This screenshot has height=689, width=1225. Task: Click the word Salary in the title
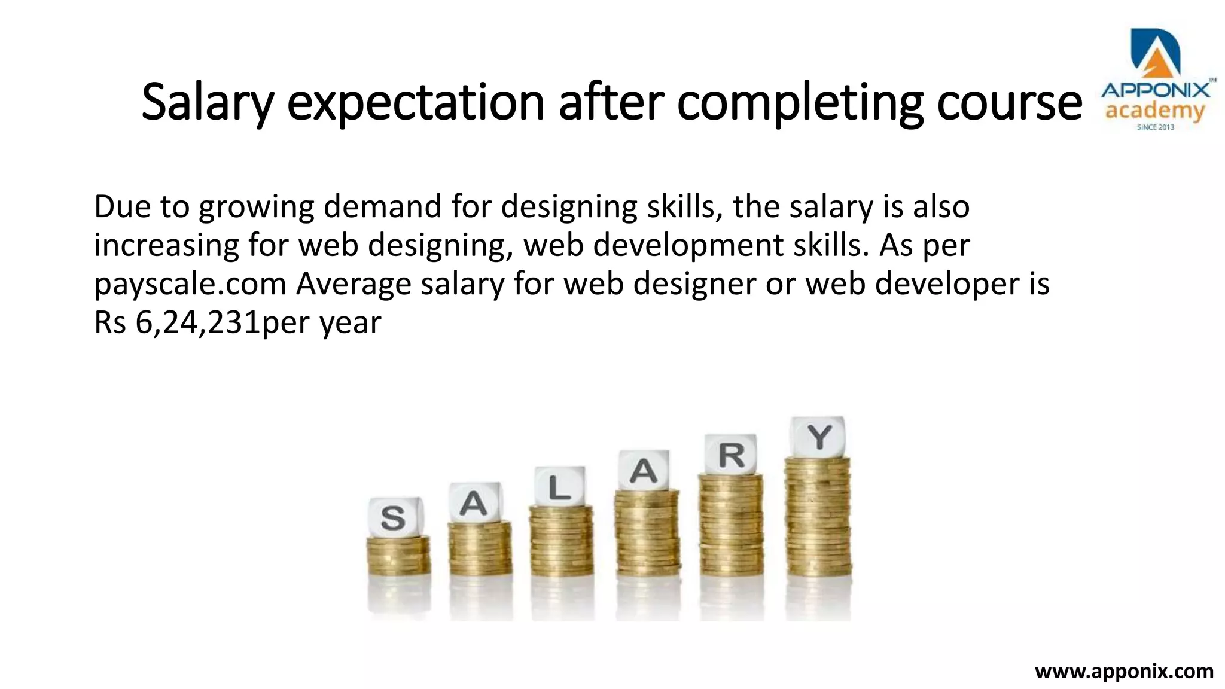click(207, 103)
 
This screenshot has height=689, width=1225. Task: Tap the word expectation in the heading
click(416, 103)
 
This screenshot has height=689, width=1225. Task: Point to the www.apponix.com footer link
click(1124, 671)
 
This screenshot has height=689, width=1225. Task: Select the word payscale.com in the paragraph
click(190, 285)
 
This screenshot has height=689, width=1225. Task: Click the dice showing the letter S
click(395, 517)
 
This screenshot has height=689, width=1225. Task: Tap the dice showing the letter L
click(560, 487)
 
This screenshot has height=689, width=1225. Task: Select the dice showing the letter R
click(730, 455)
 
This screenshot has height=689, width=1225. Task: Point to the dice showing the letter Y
click(818, 437)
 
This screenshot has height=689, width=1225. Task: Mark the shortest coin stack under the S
click(398, 555)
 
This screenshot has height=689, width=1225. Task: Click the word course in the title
click(1010, 103)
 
